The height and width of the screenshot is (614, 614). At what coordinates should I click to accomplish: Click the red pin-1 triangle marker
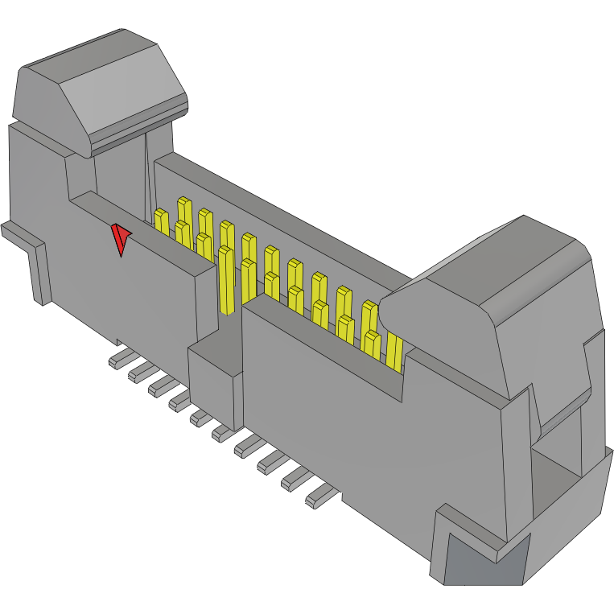click(x=121, y=238)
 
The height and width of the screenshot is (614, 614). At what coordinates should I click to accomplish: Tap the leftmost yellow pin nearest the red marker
click(x=161, y=221)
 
